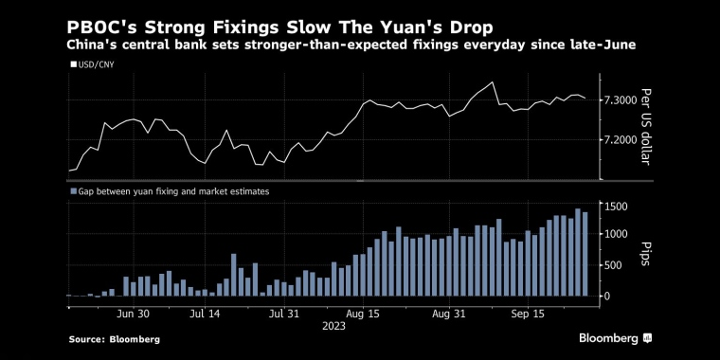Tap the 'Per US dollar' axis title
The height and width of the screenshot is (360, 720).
tap(646, 126)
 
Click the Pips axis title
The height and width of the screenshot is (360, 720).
tap(646, 251)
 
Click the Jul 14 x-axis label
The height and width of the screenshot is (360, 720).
tap(205, 312)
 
